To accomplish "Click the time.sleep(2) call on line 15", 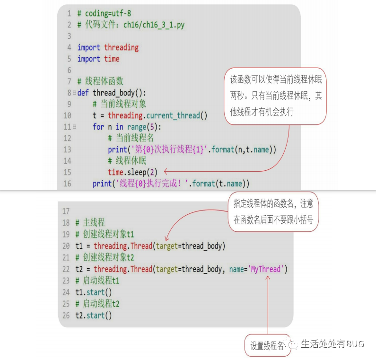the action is (x=132, y=172).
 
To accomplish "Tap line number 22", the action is (x=65, y=270).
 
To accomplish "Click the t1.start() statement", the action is (x=94, y=292).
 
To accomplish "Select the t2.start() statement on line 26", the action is (x=94, y=315).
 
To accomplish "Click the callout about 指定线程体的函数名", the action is (x=273, y=212).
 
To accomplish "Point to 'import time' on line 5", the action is (x=98, y=59).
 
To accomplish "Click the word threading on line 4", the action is (x=121, y=47).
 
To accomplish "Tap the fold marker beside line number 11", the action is (x=74, y=127).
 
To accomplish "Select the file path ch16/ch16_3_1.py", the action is (x=154, y=25).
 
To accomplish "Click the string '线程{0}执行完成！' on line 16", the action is (x=152, y=184).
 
